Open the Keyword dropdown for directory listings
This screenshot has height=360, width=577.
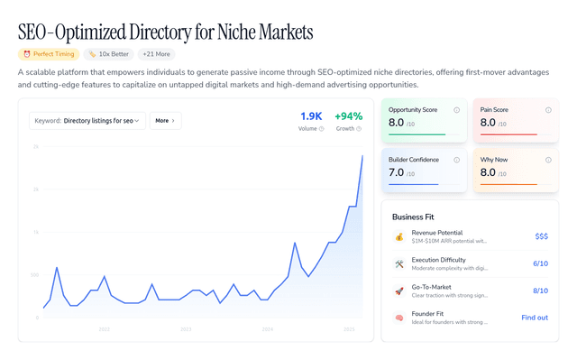tap(87, 120)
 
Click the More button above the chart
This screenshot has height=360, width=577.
tap(165, 120)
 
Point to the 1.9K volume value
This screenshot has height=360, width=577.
tap(311, 116)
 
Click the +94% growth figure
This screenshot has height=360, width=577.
tap(348, 116)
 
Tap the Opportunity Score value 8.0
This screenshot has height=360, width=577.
tap(396, 122)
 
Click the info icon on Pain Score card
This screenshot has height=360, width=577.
tap(548, 110)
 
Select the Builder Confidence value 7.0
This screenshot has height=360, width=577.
tap(396, 171)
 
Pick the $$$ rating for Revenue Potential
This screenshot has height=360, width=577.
tap(541, 236)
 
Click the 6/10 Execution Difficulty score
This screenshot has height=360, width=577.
tap(540, 263)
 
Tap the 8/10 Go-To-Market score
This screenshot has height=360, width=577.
tap(540, 291)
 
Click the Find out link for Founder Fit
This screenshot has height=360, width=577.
tap(535, 318)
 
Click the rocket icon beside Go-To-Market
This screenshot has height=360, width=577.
tap(398, 291)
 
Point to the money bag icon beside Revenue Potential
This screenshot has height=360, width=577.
tap(398, 236)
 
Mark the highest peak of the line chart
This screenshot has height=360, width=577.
tap(362, 156)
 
